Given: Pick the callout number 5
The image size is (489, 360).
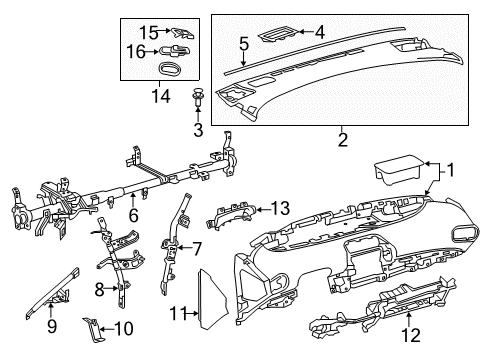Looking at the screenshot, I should pos(243,43).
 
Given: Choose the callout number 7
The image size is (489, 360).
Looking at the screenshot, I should pos(197,247).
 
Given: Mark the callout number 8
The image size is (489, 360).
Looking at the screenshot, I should pos(98,289).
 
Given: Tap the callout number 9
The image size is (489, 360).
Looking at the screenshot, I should pos(53,325).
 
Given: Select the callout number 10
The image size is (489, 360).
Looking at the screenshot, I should pos(125,328).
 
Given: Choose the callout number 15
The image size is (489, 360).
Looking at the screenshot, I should pos(148,31).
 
